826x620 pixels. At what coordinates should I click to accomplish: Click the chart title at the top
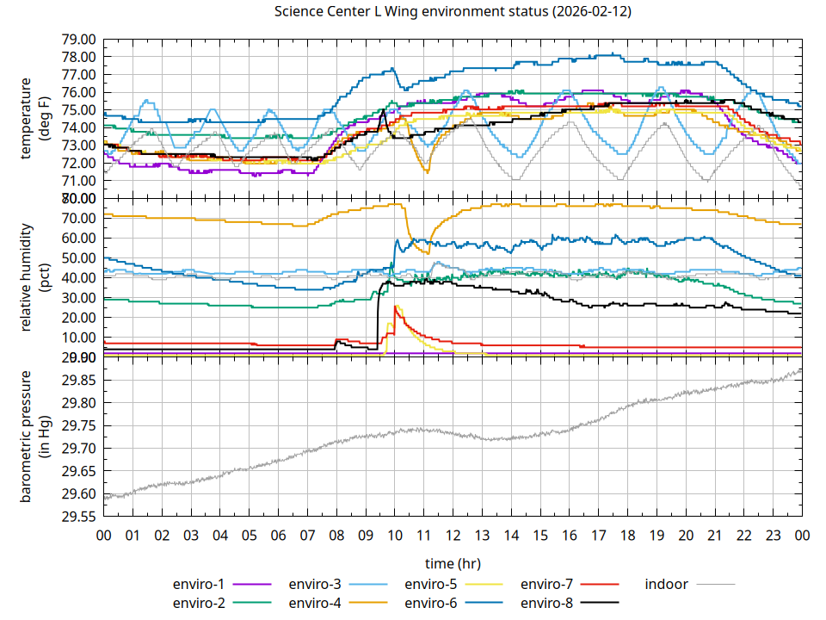[453, 11]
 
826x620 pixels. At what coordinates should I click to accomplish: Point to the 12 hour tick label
[453, 535]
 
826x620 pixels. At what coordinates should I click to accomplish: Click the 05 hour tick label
[249, 535]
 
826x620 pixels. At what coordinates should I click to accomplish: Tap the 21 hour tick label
[714, 535]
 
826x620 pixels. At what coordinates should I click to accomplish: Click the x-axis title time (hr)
[453, 563]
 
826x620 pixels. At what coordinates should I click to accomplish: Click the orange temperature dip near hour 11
[426, 171]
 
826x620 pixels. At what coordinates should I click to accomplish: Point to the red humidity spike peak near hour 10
[395, 307]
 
